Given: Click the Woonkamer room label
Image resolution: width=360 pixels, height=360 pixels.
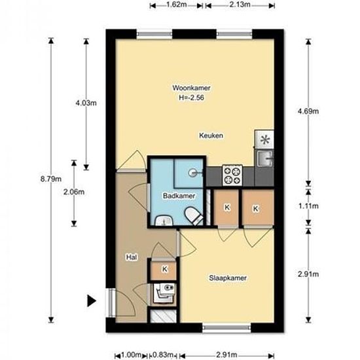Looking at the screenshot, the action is pos(192,88).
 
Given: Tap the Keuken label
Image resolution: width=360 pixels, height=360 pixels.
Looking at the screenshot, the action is pos(211,135).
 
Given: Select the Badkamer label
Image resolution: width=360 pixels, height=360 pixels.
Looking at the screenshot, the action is pos(179,196).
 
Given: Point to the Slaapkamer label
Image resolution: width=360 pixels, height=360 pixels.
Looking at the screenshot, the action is pos(228,278).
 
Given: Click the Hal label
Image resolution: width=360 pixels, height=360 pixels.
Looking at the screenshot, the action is pos(132,257).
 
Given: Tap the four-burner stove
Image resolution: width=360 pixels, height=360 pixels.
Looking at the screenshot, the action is pos(232,175).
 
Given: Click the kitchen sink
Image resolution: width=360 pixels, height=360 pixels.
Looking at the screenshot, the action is pos(264,158).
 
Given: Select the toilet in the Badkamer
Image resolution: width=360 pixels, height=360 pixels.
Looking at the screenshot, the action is pos(193,216).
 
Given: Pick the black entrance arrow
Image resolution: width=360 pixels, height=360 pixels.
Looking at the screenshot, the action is pos(92,301).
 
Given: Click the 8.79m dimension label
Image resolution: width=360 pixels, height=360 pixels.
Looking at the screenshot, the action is pos(51,179).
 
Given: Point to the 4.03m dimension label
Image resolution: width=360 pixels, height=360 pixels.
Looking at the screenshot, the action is pos(86,103).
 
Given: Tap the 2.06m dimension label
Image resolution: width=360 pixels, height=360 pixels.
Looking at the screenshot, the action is pos(74,192).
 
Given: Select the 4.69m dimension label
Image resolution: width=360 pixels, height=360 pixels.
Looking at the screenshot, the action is pos(308,111).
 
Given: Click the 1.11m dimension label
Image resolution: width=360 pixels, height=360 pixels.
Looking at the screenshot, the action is pos(308,206).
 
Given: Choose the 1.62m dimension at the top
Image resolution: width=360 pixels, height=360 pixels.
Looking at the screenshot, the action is pos(176,5).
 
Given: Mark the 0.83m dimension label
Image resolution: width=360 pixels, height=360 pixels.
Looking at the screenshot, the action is pos(163,355).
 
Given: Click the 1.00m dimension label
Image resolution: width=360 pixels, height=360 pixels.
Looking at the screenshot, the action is pos(131,355).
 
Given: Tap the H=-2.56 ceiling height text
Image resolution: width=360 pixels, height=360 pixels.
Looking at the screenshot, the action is pos(192,98).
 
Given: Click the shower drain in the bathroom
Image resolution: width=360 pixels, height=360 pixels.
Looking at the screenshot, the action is pos(192,173).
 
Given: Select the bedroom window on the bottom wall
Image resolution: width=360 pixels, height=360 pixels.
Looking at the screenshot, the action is pos(226,328).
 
